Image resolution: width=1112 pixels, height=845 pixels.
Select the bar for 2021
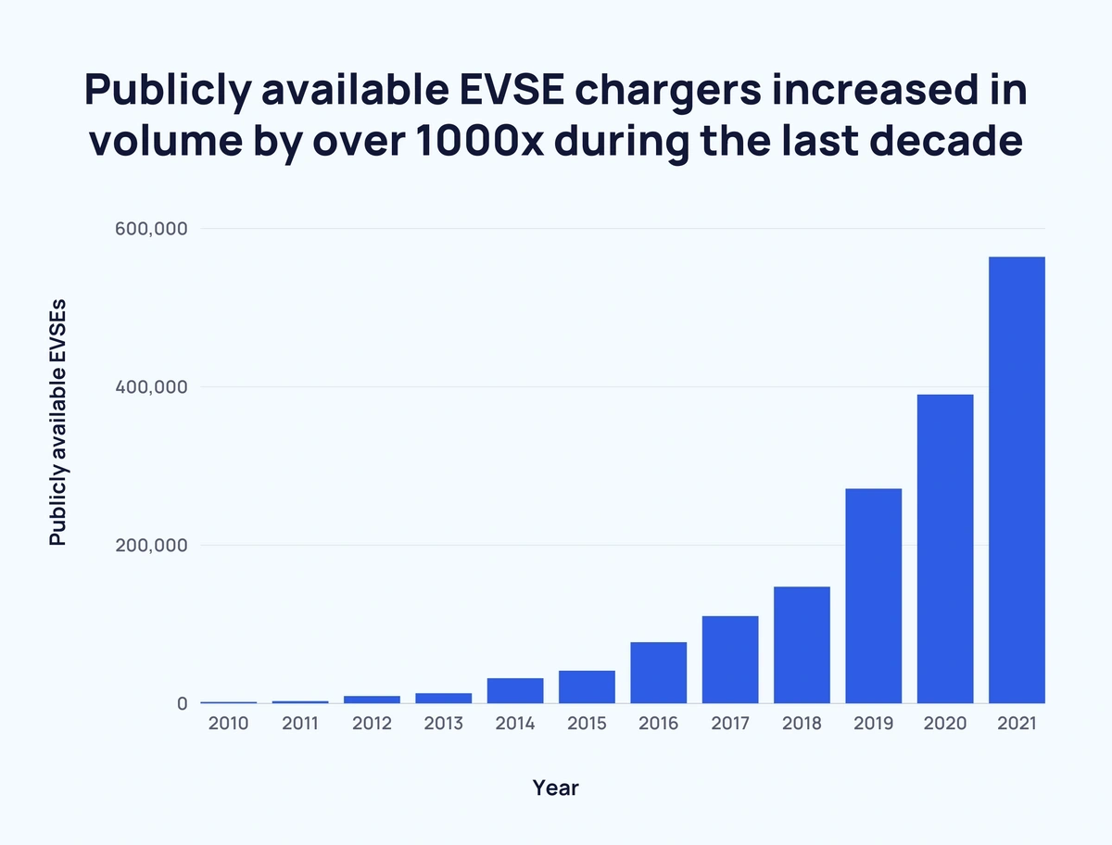[x=1017, y=480]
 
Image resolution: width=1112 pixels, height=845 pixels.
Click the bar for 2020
[x=945, y=549]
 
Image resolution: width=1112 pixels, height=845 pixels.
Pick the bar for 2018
[x=802, y=645]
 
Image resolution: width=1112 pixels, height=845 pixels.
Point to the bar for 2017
[x=730, y=660]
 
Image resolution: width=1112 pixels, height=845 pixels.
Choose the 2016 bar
[x=658, y=673]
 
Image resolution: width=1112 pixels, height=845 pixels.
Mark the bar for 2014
[x=515, y=691]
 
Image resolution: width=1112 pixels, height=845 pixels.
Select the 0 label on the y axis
[x=182, y=704]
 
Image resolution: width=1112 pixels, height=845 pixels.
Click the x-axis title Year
[x=556, y=788]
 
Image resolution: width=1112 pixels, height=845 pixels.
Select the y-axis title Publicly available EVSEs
[x=58, y=422]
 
